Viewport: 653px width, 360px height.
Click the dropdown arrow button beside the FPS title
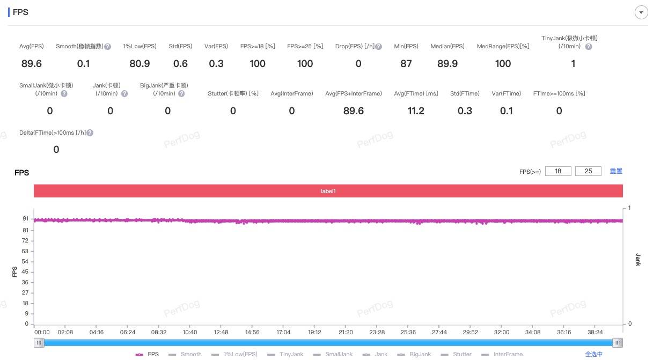tap(641, 12)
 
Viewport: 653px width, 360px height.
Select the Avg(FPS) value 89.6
tap(32, 63)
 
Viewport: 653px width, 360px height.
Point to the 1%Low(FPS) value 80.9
tap(140, 63)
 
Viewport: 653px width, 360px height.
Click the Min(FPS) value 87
tap(406, 63)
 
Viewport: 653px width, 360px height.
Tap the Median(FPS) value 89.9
tap(447, 63)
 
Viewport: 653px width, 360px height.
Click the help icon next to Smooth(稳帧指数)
tap(107, 47)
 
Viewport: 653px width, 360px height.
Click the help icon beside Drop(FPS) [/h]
tap(378, 47)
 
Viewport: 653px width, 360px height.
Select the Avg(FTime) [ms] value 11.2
tap(416, 111)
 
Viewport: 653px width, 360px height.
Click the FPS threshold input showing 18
tap(558, 171)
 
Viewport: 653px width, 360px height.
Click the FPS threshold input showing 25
tap(588, 171)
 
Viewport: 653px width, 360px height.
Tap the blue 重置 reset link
tap(616, 171)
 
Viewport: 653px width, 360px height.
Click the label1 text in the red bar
tap(328, 191)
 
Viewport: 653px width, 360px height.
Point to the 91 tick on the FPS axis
tap(26, 218)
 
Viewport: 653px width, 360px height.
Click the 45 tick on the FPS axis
tap(25, 271)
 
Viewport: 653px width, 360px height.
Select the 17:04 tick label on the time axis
tap(283, 332)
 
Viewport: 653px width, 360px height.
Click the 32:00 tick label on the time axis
tap(501, 332)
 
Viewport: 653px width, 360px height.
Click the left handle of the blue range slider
tap(39, 343)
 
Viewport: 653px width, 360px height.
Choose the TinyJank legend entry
tap(285, 354)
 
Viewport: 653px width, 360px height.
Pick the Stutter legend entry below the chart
tap(456, 354)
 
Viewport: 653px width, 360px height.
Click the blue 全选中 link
tap(594, 354)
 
